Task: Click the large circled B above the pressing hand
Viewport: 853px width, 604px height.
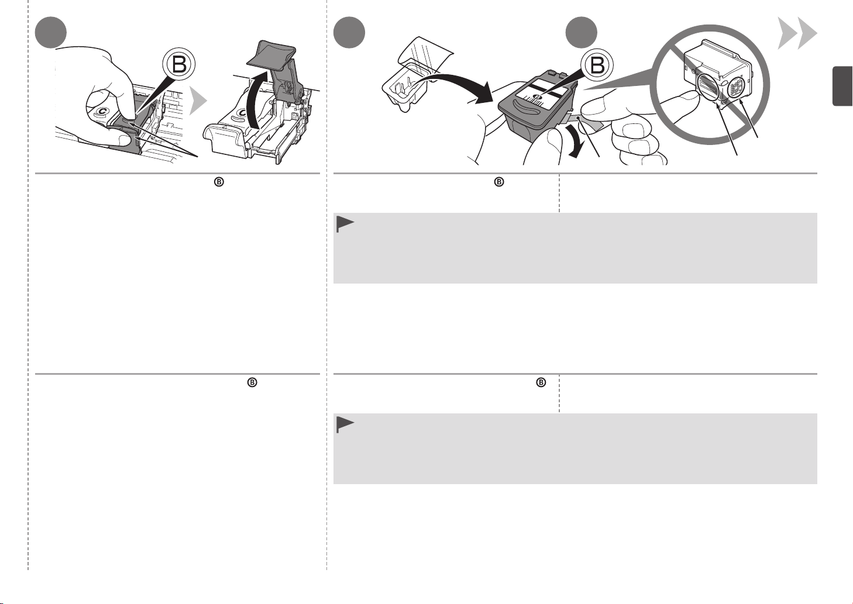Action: [179, 64]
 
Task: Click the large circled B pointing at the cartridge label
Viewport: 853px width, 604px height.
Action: [597, 65]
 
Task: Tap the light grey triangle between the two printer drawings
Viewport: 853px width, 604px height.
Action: [198, 101]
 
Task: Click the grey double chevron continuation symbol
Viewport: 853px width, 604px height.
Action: [797, 33]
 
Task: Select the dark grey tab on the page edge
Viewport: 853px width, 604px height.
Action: [842, 86]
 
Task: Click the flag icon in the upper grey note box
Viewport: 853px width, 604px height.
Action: [345, 225]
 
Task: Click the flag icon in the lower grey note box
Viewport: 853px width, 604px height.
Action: [345, 425]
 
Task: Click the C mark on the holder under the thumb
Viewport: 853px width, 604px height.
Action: [102, 111]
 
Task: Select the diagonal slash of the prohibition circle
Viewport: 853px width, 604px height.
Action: [710, 85]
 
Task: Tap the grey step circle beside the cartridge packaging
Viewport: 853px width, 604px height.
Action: [349, 32]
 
